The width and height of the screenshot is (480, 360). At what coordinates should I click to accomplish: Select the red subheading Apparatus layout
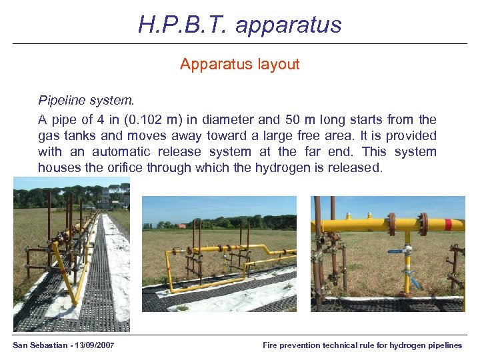click(x=240, y=65)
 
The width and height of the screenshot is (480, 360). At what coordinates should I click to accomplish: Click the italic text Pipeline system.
click(x=86, y=101)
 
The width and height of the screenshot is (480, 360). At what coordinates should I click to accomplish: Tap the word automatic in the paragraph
click(x=120, y=152)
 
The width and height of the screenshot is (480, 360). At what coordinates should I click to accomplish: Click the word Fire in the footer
click(x=270, y=345)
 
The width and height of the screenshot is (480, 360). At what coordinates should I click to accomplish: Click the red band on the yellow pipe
click(x=448, y=224)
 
